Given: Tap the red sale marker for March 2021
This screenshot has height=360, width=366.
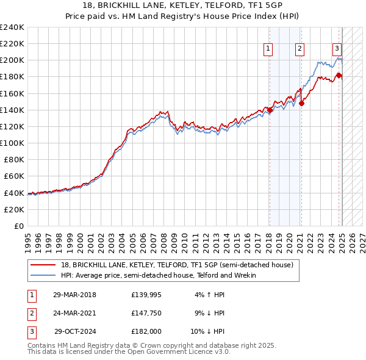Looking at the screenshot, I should point(301,103).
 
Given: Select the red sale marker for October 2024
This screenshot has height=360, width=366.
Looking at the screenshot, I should point(339,75).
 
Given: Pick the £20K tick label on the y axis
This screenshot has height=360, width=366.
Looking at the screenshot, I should point(14,209).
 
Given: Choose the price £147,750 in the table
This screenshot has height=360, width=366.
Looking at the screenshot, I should point(146,314).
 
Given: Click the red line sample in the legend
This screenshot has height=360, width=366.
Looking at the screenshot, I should point(43,265).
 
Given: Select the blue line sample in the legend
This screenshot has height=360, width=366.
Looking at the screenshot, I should point(43,275).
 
